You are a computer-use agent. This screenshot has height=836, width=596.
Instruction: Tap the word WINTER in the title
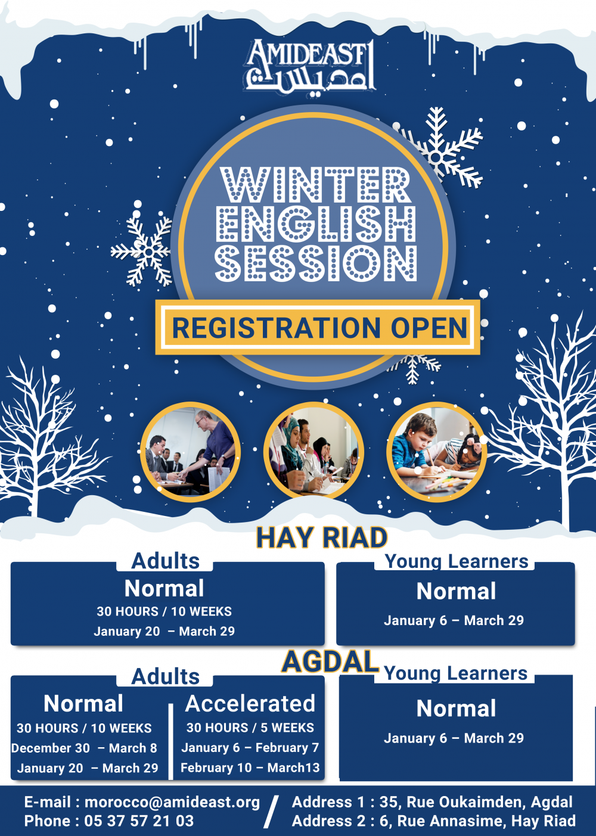[x=316, y=185]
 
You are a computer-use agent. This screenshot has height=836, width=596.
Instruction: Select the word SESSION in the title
[x=316, y=263]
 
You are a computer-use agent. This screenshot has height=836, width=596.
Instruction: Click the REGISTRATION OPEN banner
[x=318, y=328]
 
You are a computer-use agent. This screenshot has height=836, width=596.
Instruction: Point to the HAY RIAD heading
[x=322, y=537]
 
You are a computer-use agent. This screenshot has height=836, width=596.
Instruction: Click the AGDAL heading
[x=330, y=661]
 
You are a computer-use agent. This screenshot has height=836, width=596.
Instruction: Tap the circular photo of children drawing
[x=436, y=452]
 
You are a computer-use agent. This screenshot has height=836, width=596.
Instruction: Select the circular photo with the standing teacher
[x=190, y=452]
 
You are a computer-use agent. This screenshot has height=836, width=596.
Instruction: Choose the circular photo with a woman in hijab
[x=313, y=450]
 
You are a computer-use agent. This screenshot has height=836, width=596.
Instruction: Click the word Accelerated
[x=250, y=704]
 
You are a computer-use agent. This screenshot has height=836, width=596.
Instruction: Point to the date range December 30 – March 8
[x=84, y=748]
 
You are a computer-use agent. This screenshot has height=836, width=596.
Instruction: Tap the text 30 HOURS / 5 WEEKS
[x=250, y=728]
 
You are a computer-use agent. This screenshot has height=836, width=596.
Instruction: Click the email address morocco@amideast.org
[x=172, y=802]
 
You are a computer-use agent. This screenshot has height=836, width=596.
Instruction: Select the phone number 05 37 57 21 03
[x=139, y=821]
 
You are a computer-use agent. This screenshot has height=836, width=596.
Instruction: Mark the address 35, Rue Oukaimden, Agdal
[x=476, y=802]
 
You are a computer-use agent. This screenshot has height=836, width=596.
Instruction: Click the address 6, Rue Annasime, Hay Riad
[x=477, y=821]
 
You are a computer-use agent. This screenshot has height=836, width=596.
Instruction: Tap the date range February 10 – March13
[x=250, y=767]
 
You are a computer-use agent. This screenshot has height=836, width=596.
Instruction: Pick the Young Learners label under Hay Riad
[x=457, y=561]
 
